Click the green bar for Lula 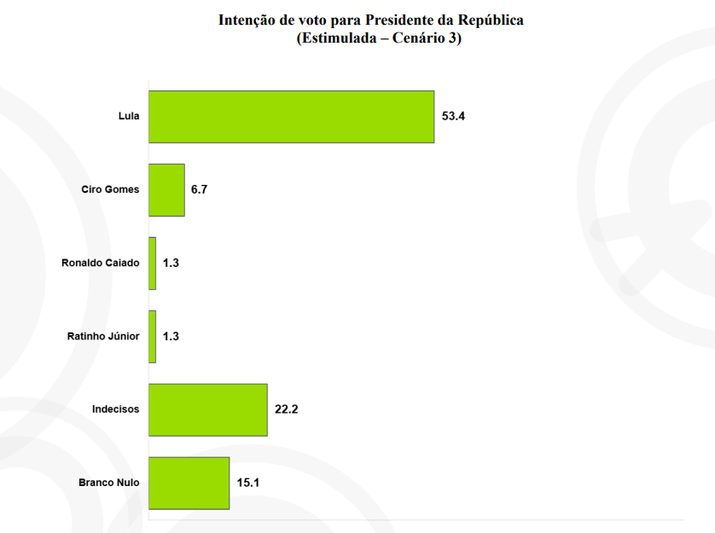pyautogui.click(x=291, y=117)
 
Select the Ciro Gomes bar pyautogui.click(x=166, y=190)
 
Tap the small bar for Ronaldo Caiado pyautogui.click(x=153, y=264)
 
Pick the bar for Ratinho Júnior pyautogui.click(x=153, y=337)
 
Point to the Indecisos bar pyautogui.click(x=208, y=410)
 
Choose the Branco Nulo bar pyautogui.click(x=189, y=484)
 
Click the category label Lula pyautogui.click(x=129, y=117)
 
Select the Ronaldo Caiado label pyautogui.click(x=100, y=264)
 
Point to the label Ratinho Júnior pyautogui.click(x=102, y=337)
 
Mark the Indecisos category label pyautogui.click(x=115, y=410)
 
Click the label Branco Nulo pyautogui.click(x=108, y=484)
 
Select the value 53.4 pyautogui.click(x=453, y=117)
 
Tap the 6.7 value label pyautogui.click(x=200, y=190)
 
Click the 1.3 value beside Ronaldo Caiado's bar pyautogui.click(x=171, y=264)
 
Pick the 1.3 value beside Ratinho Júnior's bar pyautogui.click(x=171, y=337)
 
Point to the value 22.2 pyautogui.click(x=286, y=410)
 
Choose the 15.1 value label pyautogui.click(x=247, y=484)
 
